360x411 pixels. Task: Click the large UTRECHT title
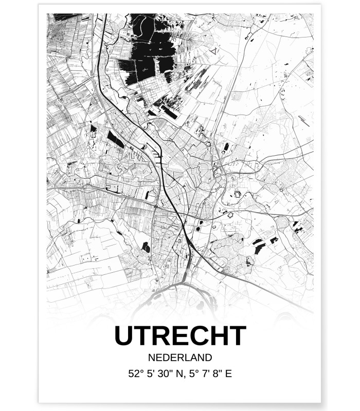pyautogui.click(x=180, y=336)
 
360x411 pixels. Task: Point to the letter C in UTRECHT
pyautogui.click(x=200, y=336)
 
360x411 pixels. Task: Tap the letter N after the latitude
pyautogui.click(x=178, y=373)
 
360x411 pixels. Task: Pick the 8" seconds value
pyautogui.click(x=213, y=373)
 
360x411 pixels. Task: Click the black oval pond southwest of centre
pyautogui.click(x=146, y=247)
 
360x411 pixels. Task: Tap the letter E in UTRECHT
pyautogui.click(x=181, y=336)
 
